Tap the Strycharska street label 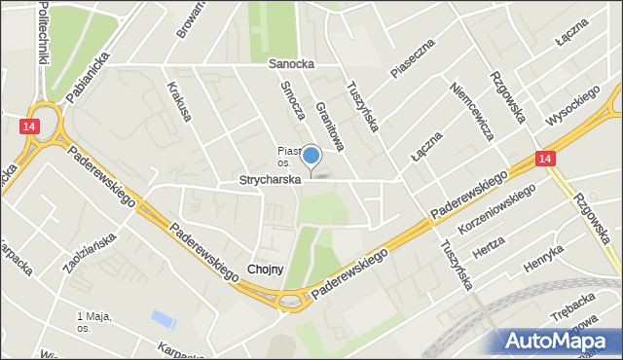[272, 181]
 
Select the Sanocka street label [289, 64]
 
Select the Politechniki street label [43, 31]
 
